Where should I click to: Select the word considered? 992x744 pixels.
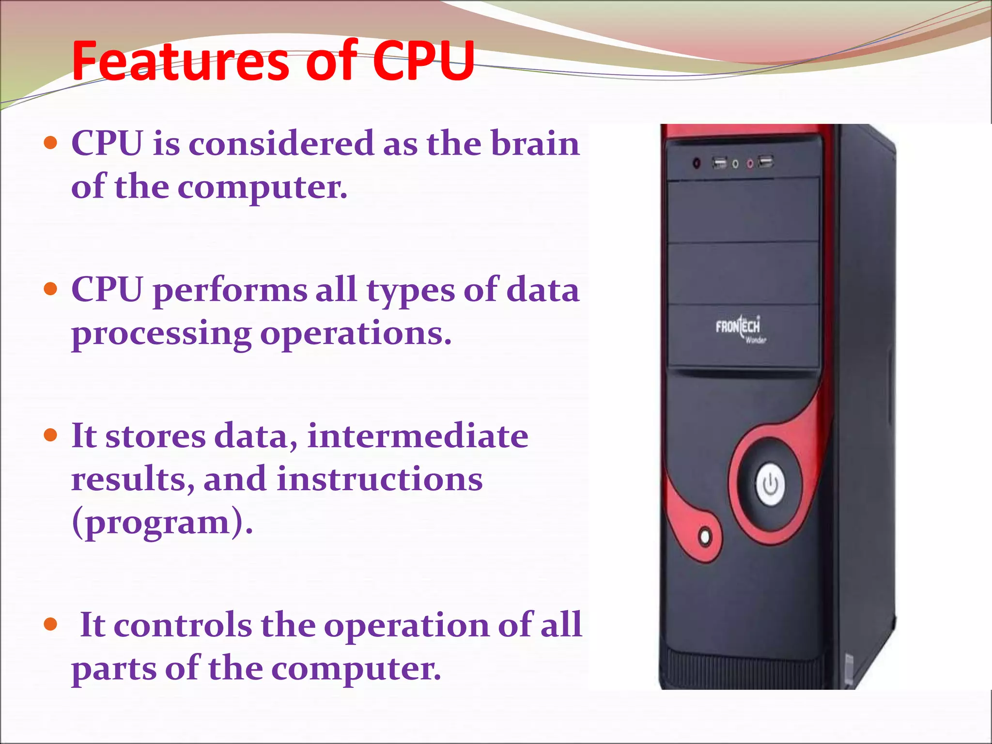tap(281, 144)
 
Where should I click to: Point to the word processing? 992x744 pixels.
tap(161, 334)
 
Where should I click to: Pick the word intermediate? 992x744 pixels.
tap(418, 436)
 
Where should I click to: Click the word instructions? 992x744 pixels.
tap(379, 480)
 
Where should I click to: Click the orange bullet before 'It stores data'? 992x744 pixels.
tap(50, 434)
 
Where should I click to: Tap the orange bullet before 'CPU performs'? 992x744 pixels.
tap(50, 289)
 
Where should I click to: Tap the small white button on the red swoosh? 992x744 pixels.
tap(705, 537)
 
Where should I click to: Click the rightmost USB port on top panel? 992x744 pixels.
tap(765, 161)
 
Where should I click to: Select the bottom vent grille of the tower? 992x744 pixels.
tap(741, 668)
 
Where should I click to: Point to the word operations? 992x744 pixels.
tap(355, 334)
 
